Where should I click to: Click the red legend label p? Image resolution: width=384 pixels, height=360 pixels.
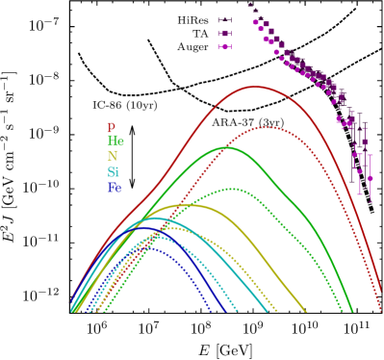[x=111, y=127]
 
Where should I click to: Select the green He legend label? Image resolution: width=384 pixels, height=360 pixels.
[x=115, y=141]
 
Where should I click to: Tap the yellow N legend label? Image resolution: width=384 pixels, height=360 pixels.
[x=113, y=157]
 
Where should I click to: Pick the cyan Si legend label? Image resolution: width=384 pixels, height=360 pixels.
[x=114, y=172]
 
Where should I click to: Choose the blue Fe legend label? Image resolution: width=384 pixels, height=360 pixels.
[x=115, y=188]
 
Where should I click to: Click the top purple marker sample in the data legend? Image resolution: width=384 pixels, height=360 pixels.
[x=224, y=19]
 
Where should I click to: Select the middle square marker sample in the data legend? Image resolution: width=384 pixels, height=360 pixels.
[x=224, y=33]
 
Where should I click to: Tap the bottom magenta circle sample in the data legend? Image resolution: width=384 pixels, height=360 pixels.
[x=224, y=46]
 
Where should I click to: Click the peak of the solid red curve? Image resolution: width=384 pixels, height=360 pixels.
[x=256, y=87]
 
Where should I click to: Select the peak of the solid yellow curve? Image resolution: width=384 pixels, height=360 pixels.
[x=183, y=204]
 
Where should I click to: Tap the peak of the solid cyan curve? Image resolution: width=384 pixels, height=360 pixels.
[x=154, y=218]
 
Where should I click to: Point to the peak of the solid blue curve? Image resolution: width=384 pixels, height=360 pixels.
[x=144, y=231]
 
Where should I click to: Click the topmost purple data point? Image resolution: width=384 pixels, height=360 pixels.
[x=250, y=5]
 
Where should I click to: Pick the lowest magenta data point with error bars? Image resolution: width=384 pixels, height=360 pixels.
[x=370, y=178]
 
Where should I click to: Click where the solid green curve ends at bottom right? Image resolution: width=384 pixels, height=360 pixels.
[x=353, y=311]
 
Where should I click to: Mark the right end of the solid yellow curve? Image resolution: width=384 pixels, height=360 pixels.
[x=306, y=311]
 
